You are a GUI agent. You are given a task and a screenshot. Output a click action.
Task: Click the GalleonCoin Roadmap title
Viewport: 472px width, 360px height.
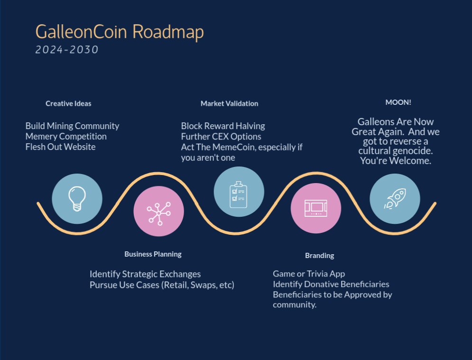[x=120, y=32]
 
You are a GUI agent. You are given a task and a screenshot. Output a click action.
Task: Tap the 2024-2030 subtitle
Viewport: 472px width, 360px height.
[x=67, y=50]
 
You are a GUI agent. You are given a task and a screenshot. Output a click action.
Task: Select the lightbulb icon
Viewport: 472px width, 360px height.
[x=77, y=199]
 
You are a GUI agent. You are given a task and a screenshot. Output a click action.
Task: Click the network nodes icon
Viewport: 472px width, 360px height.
[x=158, y=213]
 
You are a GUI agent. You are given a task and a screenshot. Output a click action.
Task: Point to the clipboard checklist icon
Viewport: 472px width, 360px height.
[x=239, y=194]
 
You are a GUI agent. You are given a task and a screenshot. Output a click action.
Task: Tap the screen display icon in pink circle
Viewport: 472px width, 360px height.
[x=316, y=208]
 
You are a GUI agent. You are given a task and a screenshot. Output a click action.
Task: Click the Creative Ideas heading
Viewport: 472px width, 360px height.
[x=68, y=103]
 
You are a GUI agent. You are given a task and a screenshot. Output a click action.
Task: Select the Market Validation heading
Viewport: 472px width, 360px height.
[x=230, y=103]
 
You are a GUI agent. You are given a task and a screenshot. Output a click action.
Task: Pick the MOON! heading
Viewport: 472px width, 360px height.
[x=398, y=102]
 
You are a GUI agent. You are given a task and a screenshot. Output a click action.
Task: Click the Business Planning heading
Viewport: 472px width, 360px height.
[x=153, y=254]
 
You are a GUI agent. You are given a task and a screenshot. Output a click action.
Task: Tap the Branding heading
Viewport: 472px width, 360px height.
[x=319, y=256]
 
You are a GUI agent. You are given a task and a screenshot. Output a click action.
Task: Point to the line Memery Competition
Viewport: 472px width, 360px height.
[x=66, y=136]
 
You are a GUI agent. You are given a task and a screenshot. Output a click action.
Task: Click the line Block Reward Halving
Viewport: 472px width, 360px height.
[x=223, y=126]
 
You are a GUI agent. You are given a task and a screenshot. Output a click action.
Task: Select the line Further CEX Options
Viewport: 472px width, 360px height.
[x=221, y=136]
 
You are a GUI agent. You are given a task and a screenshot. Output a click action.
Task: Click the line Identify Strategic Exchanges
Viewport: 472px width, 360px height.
[x=145, y=274]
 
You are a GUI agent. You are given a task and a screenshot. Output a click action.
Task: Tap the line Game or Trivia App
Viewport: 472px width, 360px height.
[x=309, y=274]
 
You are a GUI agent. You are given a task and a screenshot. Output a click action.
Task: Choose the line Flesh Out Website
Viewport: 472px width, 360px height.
[x=61, y=147]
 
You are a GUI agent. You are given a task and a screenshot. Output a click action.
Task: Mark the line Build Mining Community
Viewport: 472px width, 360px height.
[x=72, y=126]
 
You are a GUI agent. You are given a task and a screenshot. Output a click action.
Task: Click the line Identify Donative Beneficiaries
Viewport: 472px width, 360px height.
[x=331, y=284]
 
